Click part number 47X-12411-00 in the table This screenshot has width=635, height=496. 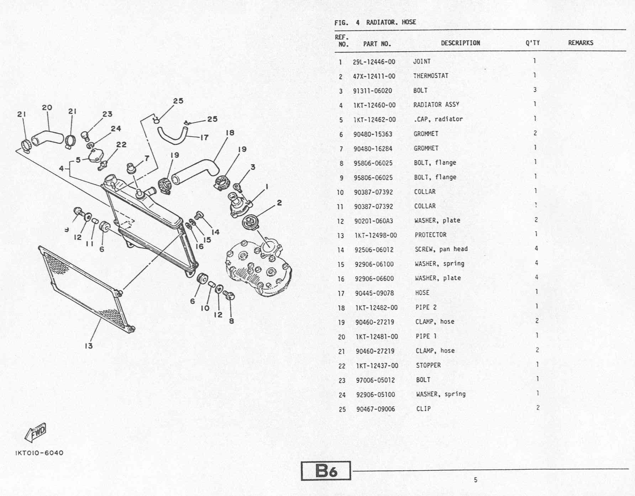[374, 76]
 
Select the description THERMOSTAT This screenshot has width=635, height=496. [431, 76]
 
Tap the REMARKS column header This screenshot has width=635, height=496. [580, 43]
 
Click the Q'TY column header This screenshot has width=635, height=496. [532, 43]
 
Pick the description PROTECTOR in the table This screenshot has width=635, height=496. [430, 235]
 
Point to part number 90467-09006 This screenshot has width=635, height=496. [376, 409]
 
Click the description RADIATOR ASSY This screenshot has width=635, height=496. [436, 105]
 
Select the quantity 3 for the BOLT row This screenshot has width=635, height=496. [535, 90]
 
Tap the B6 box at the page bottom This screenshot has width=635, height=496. [326, 471]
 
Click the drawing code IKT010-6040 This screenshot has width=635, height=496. [39, 453]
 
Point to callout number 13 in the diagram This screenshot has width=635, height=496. [89, 346]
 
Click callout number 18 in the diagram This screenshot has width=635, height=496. [230, 133]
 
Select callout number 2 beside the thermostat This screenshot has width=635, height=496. [279, 203]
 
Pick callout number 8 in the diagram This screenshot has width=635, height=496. [231, 321]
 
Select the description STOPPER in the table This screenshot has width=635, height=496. [428, 365]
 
